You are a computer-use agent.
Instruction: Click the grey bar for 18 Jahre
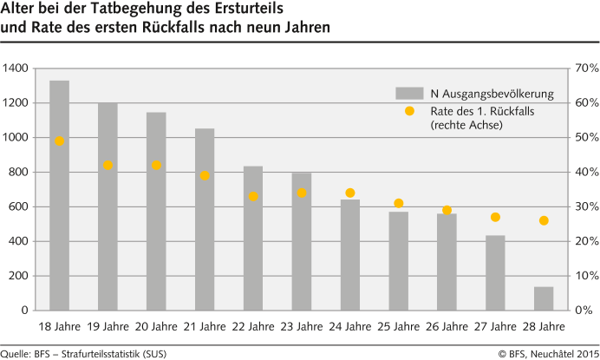60,195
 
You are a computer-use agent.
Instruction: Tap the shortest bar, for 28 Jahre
544,298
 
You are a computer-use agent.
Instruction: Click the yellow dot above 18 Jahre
60,141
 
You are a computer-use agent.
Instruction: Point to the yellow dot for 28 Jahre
544,220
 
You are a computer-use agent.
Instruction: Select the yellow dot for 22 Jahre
253,197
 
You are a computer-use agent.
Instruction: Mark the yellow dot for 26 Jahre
447,210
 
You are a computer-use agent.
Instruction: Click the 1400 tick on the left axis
16,69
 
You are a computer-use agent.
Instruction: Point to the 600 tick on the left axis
18,206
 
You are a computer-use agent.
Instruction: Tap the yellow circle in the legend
409,111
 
